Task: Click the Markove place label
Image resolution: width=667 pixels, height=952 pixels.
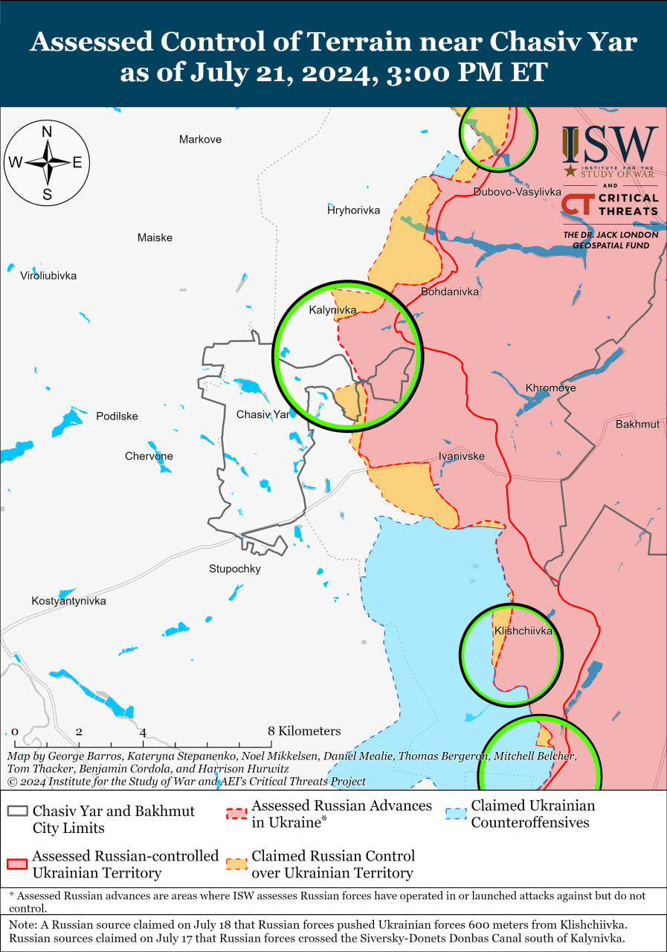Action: click(x=200, y=139)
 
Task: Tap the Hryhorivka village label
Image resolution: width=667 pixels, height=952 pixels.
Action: click(x=353, y=210)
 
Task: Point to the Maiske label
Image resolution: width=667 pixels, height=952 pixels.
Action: click(x=155, y=237)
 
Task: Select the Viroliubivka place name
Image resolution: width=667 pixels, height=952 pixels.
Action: click(x=48, y=275)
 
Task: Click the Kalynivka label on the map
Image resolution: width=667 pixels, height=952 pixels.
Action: click(x=332, y=309)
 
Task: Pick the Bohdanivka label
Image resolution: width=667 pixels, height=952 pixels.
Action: click(x=449, y=292)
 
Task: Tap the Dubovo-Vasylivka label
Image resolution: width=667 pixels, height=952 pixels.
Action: click(x=517, y=192)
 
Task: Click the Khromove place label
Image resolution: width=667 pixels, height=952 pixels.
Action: click(x=550, y=387)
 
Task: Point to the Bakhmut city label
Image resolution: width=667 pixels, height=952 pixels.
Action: click(x=637, y=424)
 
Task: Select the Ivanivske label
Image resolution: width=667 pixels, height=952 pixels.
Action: click(x=461, y=456)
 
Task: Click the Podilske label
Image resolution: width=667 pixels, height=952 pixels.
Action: click(x=117, y=416)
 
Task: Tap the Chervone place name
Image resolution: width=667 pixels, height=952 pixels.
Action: click(x=149, y=456)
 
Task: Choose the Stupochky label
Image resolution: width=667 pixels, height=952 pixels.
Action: click(x=234, y=569)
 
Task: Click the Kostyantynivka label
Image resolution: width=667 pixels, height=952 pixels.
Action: click(x=68, y=600)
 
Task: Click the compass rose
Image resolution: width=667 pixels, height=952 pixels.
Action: click(x=47, y=162)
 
